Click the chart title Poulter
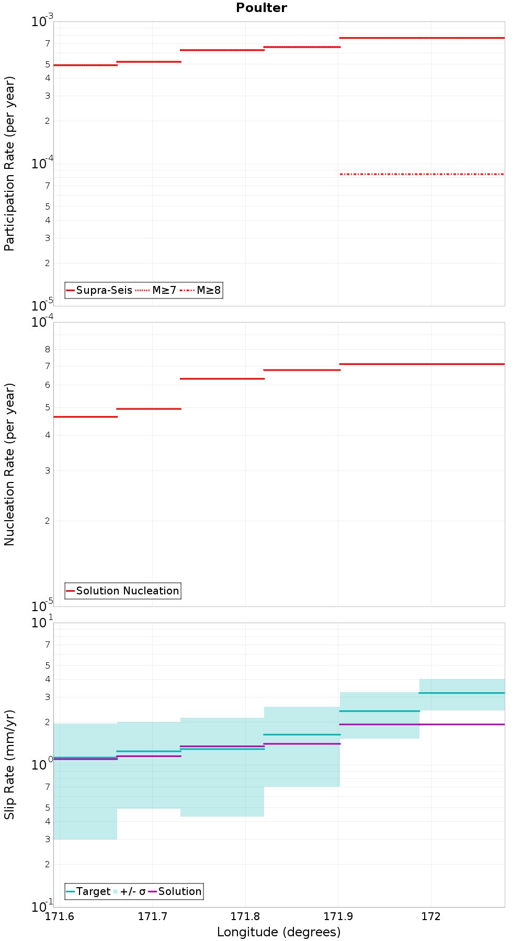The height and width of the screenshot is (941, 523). [261, 8]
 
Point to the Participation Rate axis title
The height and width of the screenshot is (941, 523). [9, 164]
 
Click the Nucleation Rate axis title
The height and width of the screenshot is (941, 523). [9, 464]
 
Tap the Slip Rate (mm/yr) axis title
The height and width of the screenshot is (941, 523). [9, 765]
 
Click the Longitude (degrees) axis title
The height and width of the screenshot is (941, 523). [279, 932]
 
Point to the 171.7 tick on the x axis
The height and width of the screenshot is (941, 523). [152, 916]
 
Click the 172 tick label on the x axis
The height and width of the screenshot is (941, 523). [431, 916]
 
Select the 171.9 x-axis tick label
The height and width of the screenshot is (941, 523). [338, 916]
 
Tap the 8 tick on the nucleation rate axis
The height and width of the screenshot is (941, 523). [48, 349]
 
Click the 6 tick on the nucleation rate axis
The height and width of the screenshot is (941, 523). [48, 385]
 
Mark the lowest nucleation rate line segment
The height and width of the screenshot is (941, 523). [85, 417]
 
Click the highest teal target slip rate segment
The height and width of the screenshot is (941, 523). [462, 693]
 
